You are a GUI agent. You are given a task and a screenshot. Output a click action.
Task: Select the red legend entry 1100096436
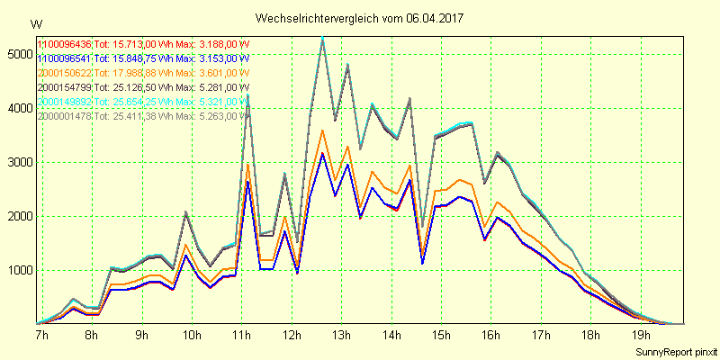[x=64, y=44]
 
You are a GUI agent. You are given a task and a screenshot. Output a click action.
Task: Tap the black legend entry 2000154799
[x=64, y=87]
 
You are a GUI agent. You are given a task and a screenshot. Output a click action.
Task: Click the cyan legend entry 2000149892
[x=64, y=102]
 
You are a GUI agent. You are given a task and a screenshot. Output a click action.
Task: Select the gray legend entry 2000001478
[x=64, y=116]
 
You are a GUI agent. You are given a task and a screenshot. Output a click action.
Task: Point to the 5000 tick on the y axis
[x=18, y=54]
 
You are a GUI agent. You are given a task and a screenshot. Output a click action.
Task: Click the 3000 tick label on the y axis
[x=18, y=162]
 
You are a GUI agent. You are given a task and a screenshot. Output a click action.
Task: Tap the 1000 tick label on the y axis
[x=18, y=270]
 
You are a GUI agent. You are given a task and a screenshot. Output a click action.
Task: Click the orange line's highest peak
[x=322, y=130]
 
